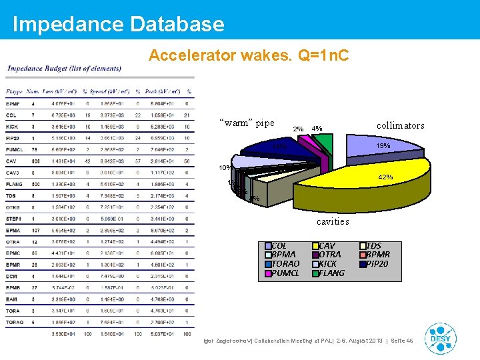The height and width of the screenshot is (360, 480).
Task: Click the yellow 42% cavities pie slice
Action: click(x=320, y=183)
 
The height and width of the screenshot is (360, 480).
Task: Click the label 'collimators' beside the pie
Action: click(x=400, y=125)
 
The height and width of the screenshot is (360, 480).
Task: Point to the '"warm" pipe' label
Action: click(x=247, y=123)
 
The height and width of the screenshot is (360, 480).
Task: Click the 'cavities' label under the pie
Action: click(x=332, y=221)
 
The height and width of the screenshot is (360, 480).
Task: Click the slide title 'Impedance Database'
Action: click(x=119, y=25)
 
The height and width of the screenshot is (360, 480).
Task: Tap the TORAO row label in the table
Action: click(x=15, y=322)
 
